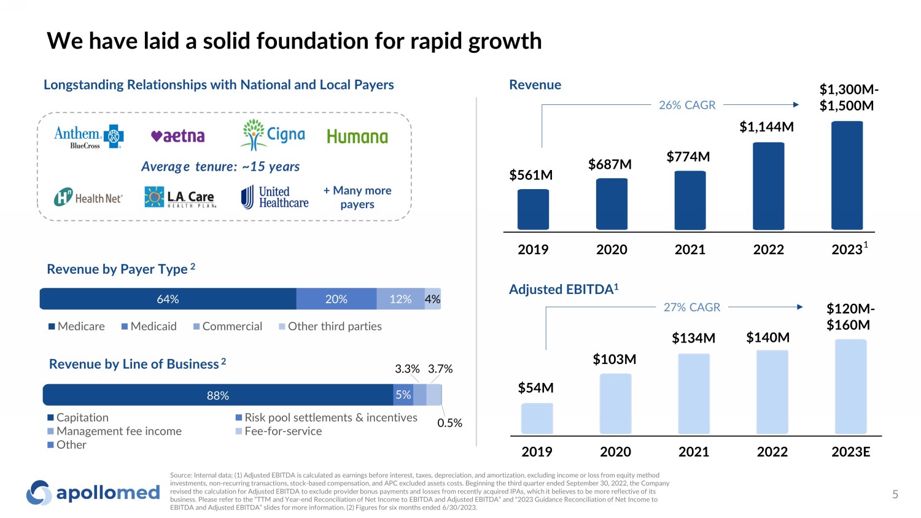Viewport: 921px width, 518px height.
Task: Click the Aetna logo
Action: (178, 136)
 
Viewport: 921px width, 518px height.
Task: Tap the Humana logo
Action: (357, 136)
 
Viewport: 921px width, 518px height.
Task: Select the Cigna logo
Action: (274, 135)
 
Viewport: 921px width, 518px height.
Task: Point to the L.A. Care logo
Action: (181, 198)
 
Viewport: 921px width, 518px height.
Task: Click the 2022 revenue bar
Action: (768, 186)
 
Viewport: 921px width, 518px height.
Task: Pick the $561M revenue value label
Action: (531, 175)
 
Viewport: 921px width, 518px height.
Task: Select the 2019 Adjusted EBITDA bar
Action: (537, 419)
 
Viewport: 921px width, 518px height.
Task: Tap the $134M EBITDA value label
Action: (693, 338)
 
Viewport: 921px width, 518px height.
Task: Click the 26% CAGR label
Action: (687, 105)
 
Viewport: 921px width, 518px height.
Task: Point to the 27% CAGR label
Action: (691, 307)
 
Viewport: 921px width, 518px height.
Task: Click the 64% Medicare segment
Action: (168, 299)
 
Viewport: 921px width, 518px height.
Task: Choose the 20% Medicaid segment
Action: (336, 299)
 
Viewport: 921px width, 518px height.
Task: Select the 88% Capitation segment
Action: (218, 395)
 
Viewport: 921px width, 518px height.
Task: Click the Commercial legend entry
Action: (227, 327)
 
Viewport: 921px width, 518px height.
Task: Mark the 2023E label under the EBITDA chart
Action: (850, 452)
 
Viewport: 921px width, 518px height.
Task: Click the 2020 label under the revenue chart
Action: (612, 249)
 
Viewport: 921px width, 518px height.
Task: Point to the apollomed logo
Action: (93, 493)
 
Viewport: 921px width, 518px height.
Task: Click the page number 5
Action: (895, 494)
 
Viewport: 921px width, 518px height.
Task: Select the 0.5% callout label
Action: (449, 423)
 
